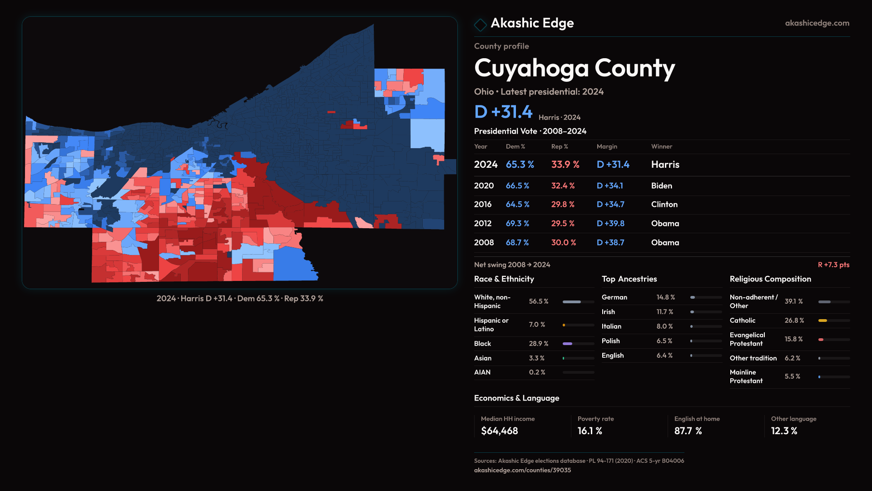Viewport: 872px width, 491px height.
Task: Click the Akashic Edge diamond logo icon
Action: click(x=480, y=25)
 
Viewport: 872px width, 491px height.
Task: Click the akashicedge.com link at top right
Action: click(x=817, y=23)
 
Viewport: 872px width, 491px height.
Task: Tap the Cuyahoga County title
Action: click(x=575, y=68)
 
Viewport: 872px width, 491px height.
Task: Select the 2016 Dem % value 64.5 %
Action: click(x=517, y=205)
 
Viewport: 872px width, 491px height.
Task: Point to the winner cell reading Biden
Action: click(x=661, y=186)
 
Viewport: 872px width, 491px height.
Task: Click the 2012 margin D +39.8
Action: click(x=610, y=224)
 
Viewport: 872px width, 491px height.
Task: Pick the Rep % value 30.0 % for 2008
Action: click(x=563, y=243)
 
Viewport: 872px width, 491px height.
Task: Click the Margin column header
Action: click(x=607, y=147)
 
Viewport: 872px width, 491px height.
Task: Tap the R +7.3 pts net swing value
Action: click(x=833, y=265)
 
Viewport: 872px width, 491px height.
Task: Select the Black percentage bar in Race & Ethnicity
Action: click(x=568, y=344)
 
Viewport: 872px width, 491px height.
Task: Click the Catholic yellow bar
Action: click(x=822, y=321)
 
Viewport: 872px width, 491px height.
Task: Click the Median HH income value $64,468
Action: click(x=499, y=431)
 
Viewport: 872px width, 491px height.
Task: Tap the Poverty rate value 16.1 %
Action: click(x=590, y=431)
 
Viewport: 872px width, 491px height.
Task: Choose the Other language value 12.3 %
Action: click(x=784, y=431)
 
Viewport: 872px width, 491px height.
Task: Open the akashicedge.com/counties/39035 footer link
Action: click(x=522, y=471)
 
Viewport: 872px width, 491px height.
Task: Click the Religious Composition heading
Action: click(x=770, y=279)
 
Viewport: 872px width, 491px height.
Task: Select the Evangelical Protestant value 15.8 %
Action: click(x=793, y=339)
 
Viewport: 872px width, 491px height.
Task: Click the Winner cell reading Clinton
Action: click(x=664, y=205)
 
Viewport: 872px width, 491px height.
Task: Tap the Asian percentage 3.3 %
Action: click(x=536, y=358)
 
